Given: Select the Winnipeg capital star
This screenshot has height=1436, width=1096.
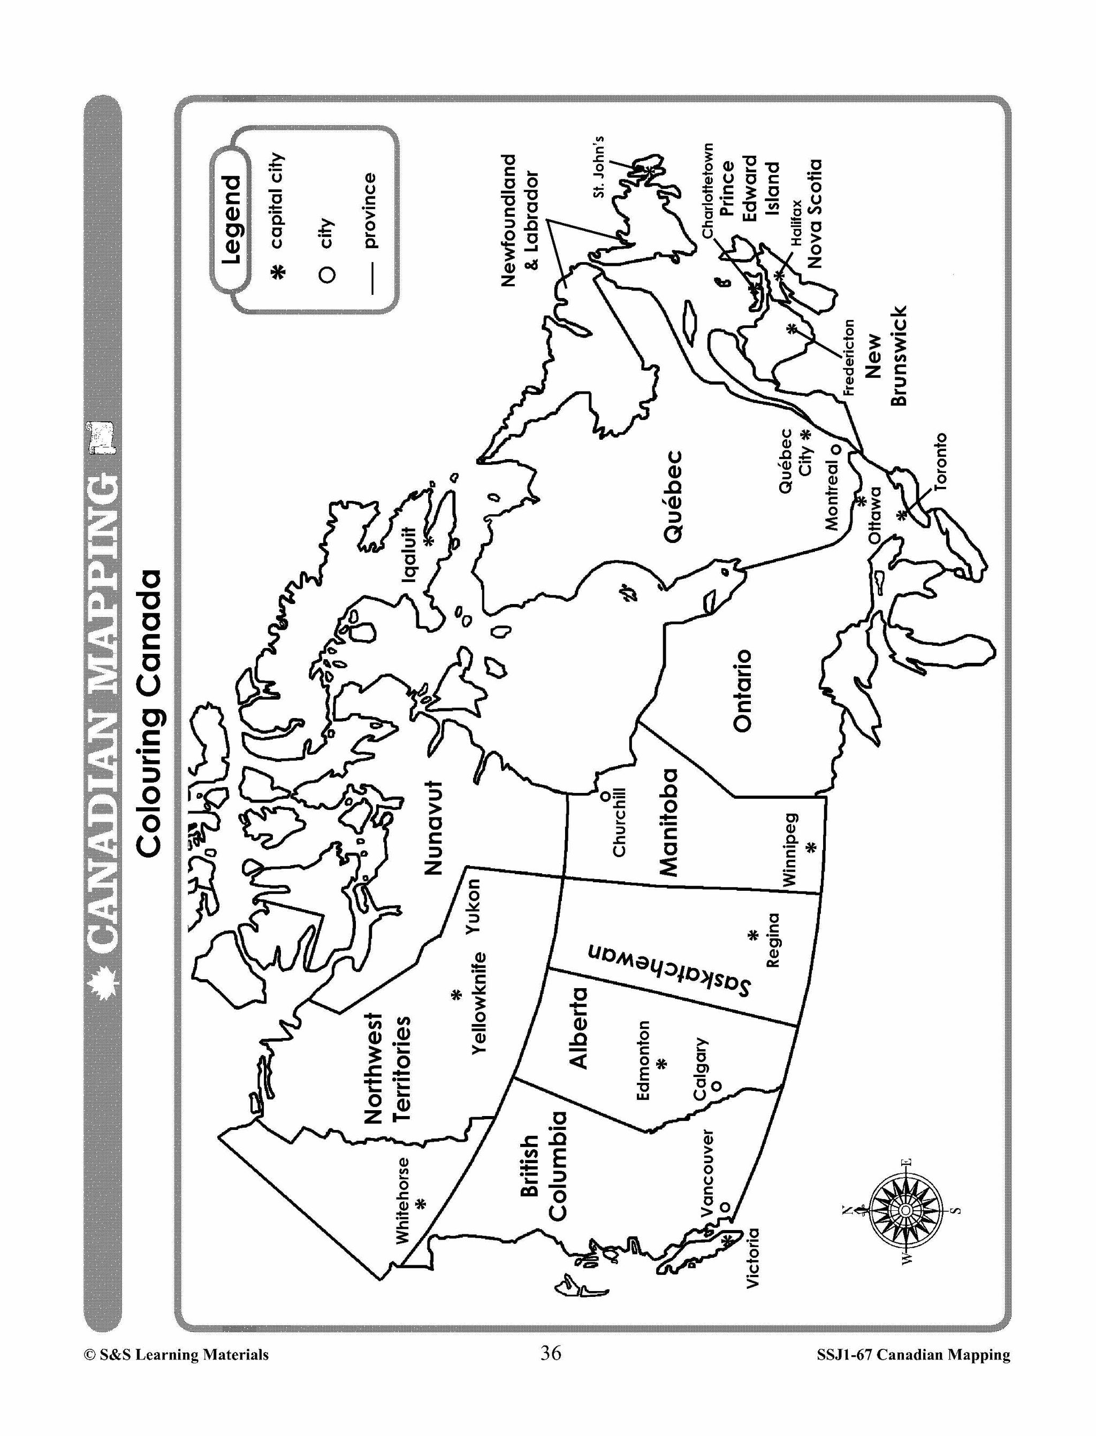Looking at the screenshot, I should click(811, 848).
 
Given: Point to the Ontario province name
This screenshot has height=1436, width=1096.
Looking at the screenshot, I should click(742, 690).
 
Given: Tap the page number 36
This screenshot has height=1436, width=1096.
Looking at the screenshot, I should click(551, 1354).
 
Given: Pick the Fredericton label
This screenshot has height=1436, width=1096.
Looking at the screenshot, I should click(848, 357).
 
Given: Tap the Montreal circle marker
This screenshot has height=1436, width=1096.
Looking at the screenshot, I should click(833, 449).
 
